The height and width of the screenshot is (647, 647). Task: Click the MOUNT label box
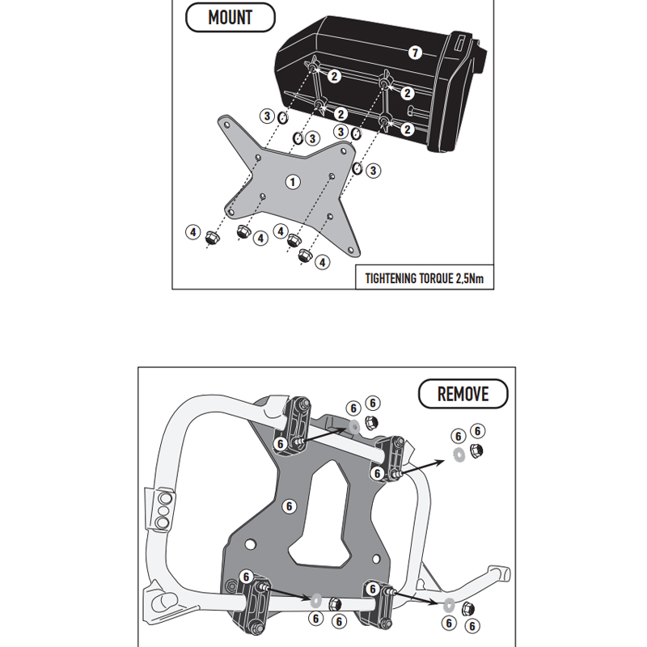point(230,17)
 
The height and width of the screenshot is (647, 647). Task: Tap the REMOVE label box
point(463,394)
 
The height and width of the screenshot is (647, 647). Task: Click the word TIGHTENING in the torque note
point(392,278)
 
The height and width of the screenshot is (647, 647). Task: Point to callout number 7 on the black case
point(415,53)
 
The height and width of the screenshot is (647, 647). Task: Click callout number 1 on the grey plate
point(292,183)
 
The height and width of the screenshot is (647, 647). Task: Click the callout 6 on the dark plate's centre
point(287,506)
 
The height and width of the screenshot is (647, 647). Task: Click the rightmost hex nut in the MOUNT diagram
point(305,255)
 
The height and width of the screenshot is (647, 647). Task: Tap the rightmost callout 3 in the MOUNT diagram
point(373,171)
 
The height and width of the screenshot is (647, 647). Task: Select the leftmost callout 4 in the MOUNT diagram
point(192,232)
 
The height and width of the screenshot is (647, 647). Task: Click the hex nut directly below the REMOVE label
point(476,450)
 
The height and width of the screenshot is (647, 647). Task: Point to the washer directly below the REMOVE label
point(459,453)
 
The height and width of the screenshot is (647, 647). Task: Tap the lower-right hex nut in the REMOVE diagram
point(470,608)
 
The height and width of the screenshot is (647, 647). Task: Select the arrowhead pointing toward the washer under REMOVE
point(442,458)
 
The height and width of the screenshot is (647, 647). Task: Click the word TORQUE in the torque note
point(438,278)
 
